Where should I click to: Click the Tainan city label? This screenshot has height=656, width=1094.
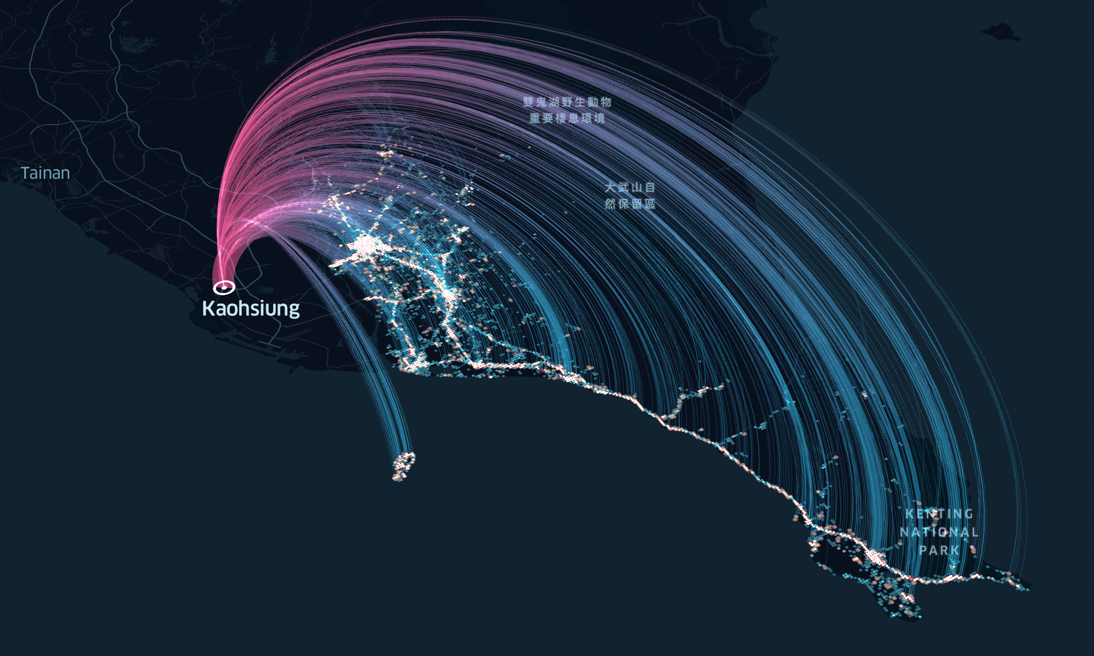(45, 173)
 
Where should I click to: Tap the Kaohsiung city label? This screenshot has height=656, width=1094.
(251, 308)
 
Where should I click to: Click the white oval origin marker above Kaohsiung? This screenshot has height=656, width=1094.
(224, 287)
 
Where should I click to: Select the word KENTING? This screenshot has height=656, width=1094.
(939, 514)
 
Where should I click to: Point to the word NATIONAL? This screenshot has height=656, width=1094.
(939, 532)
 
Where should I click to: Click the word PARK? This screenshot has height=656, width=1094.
(939, 550)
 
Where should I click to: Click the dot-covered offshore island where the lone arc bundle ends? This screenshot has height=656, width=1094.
(404, 466)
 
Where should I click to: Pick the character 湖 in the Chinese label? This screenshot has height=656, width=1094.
(554, 102)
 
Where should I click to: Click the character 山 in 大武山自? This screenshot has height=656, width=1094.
(637, 188)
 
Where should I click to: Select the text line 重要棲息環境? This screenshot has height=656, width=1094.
(567, 118)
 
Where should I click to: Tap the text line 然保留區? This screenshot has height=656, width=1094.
(630, 204)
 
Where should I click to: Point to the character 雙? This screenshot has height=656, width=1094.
(528, 102)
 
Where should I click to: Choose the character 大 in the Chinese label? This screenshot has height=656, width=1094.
(610, 188)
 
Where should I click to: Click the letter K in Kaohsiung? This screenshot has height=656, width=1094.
(207, 308)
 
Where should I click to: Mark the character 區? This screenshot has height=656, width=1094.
(650, 204)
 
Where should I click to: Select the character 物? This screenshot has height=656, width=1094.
(606, 102)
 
